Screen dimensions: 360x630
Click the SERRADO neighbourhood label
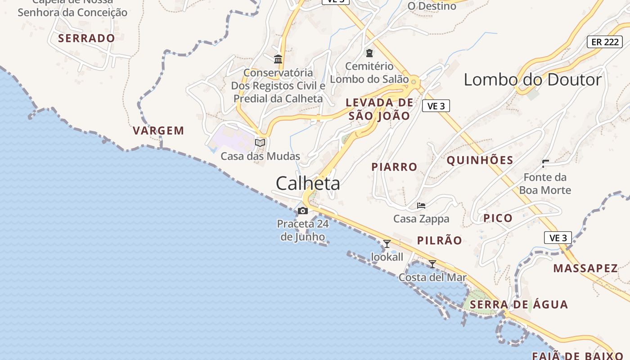point(86,38)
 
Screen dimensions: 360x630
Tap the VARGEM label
point(158,131)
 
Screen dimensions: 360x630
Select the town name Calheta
point(308,184)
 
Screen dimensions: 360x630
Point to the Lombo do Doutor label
point(532,80)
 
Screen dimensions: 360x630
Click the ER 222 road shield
point(604,42)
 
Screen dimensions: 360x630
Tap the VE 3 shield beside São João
point(436,106)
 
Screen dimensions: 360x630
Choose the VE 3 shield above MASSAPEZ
point(558,238)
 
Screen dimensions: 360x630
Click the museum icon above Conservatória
point(278,59)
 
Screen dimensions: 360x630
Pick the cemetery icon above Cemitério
point(369,54)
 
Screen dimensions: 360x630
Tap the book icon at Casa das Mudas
point(260,143)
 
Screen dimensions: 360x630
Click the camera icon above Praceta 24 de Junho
point(303,211)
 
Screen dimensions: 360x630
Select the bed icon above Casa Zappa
point(421,206)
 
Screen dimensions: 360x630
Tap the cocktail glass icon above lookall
point(387,244)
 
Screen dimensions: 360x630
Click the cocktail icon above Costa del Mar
point(432,264)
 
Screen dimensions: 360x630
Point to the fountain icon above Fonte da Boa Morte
point(545,164)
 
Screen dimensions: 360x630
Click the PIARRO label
point(394,167)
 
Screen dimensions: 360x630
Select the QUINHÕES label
point(480,161)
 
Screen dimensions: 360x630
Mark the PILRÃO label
point(439,241)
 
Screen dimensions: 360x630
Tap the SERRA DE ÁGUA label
point(518,305)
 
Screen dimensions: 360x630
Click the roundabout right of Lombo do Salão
point(414,81)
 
